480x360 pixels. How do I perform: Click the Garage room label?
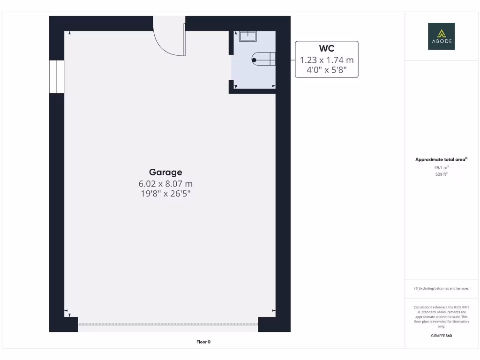point(165,172)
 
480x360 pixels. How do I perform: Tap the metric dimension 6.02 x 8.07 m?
point(165,183)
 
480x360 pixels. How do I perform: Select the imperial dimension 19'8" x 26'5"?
point(165,193)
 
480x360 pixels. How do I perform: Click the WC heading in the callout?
point(326,49)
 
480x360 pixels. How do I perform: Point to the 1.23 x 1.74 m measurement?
point(326,60)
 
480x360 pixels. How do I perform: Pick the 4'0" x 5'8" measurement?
point(326,71)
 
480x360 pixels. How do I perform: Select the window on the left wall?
point(56,76)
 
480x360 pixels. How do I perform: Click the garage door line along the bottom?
point(168,324)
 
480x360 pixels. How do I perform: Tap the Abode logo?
point(441,37)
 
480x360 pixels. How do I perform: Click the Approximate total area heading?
point(441,160)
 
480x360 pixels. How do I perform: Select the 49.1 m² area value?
point(441,167)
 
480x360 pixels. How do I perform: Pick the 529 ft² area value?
point(441,174)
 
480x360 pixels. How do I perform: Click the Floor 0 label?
point(203,342)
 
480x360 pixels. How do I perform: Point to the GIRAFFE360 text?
point(441,336)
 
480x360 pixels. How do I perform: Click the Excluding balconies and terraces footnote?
point(441,288)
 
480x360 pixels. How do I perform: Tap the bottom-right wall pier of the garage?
point(274,324)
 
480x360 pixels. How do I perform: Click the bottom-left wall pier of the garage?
point(63,324)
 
